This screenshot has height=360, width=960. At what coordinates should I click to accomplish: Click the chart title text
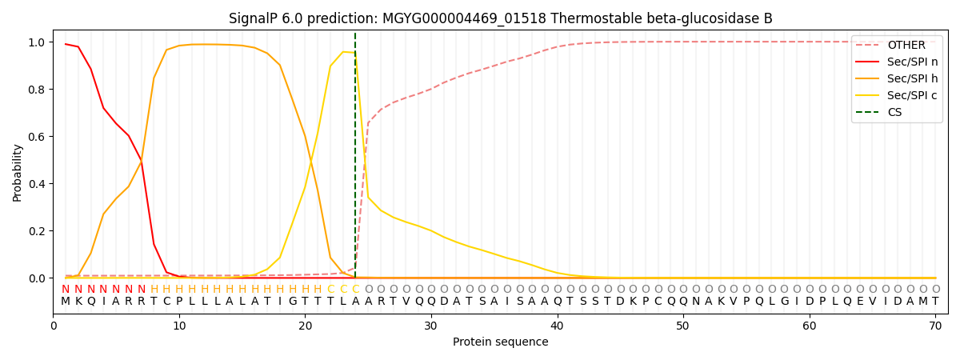(x=500, y=18)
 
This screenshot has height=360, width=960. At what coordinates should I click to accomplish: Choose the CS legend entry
(x=894, y=113)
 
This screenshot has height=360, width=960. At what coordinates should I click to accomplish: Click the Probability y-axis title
(x=18, y=173)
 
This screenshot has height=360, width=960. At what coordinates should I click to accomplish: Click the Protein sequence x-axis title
(x=500, y=342)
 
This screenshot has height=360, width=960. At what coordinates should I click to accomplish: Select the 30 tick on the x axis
(x=430, y=326)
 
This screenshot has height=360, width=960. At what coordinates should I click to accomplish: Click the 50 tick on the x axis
(x=682, y=326)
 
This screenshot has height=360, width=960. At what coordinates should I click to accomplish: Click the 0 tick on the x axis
(x=53, y=326)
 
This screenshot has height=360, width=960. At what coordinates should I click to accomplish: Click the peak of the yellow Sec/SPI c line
(x=343, y=52)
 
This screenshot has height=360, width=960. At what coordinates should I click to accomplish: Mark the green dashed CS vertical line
(x=355, y=160)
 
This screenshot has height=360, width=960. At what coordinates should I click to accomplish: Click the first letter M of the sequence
(x=66, y=302)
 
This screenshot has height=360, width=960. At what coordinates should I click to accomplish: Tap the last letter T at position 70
(x=935, y=302)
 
